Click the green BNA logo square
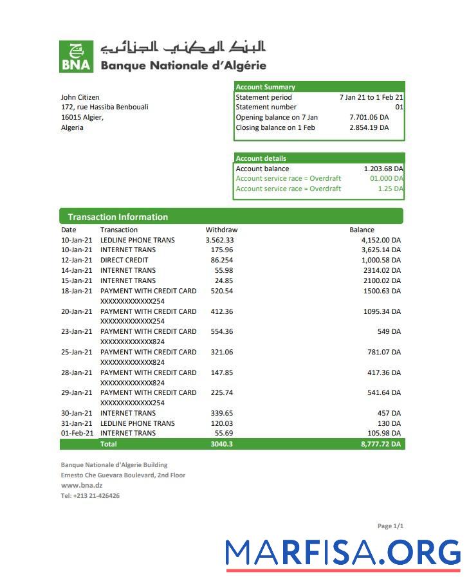pos(76,57)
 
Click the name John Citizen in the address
pos(80,97)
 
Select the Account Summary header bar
pos(318,87)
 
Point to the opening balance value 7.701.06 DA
pos(369,118)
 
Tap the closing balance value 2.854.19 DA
pos(369,128)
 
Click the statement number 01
pos(399,107)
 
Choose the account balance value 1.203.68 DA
pos(383,169)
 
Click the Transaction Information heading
pos(118,217)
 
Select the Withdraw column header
pos(221,230)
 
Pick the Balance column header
pos(362,230)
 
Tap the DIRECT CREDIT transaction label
pos(124,260)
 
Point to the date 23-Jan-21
pos(77,331)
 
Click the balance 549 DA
pos(389,331)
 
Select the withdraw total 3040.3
pos(221,444)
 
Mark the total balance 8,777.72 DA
pos(381,444)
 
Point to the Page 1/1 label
pos(390,526)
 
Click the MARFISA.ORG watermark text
pos(343,553)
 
